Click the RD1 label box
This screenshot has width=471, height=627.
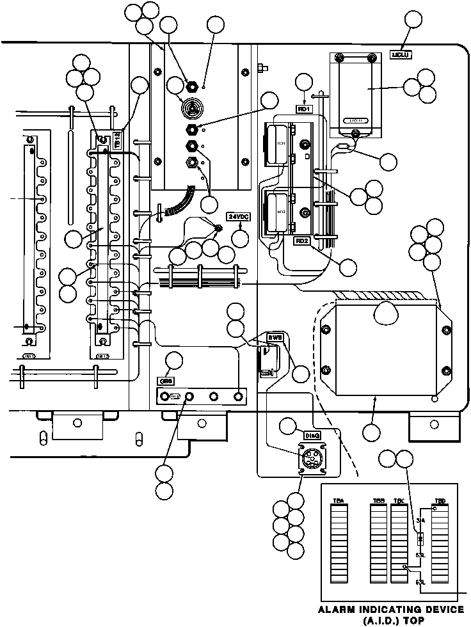click(x=303, y=109)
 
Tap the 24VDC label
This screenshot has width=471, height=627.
click(x=239, y=217)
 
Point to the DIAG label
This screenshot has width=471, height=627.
click(x=311, y=435)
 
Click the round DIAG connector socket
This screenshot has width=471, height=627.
click(x=310, y=459)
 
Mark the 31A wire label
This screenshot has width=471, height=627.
click(x=420, y=521)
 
